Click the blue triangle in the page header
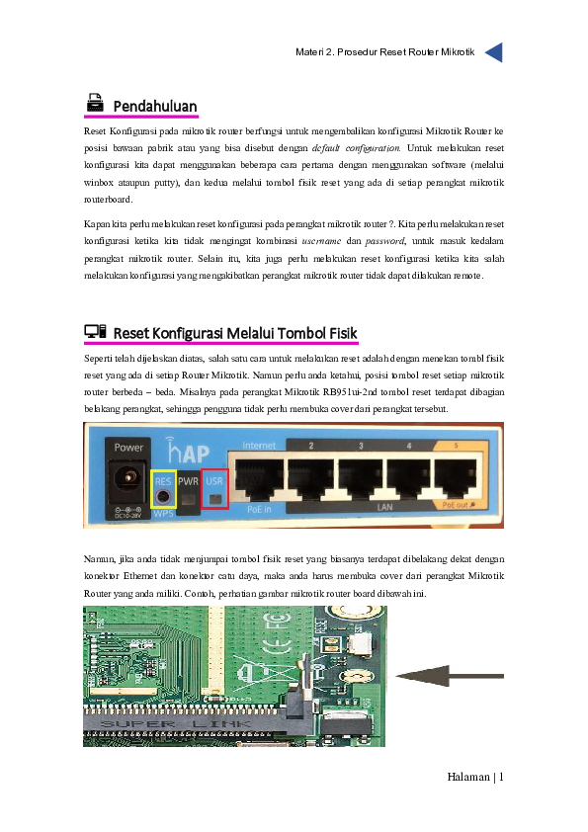point(494,52)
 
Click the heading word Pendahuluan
point(155,107)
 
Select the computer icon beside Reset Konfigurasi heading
point(95,332)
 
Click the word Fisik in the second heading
point(336,333)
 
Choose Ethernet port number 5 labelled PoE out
point(457,479)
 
